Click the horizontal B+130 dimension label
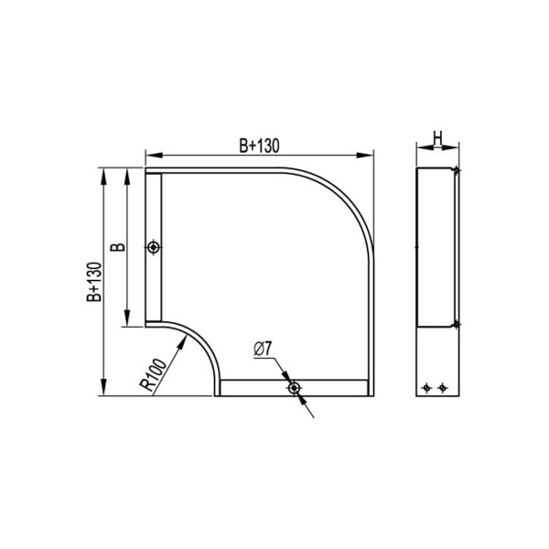click(259, 145)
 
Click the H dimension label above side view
click(437, 139)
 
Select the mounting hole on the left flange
click(154, 247)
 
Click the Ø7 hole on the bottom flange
click(293, 389)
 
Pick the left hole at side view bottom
click(427, 388)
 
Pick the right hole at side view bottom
click(443, 388)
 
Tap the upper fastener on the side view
click(456, 169)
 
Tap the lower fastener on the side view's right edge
click(456, 323)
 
